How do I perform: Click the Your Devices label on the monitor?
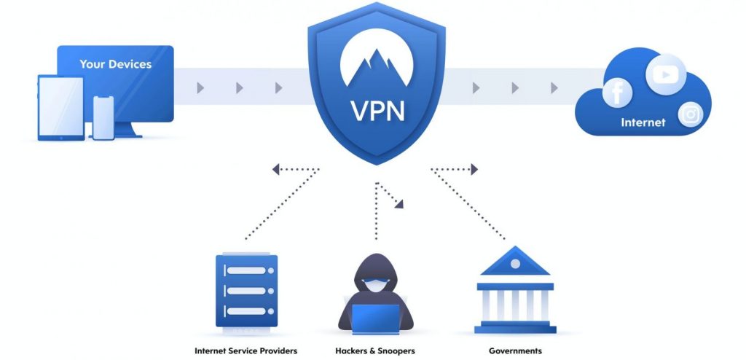(x=115, y=64)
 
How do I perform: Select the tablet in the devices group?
(x=60, y=108)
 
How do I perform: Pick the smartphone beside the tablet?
(x=103, y=117)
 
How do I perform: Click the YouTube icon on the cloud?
(x=664, y=74)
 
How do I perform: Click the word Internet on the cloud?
(x=643, y=122)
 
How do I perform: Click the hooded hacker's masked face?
(x=376, y=286)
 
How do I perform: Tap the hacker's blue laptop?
(x=375, y=318)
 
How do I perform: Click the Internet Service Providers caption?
(x=246, y=351)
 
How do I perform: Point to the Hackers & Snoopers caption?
(x=376, y=351)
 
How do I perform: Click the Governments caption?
(x=515, y=351)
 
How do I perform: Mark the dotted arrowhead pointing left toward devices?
(x=277, y=170)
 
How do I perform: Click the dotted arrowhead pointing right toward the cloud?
(x=474, y=170)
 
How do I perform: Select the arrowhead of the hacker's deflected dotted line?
(x=399, y=205)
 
